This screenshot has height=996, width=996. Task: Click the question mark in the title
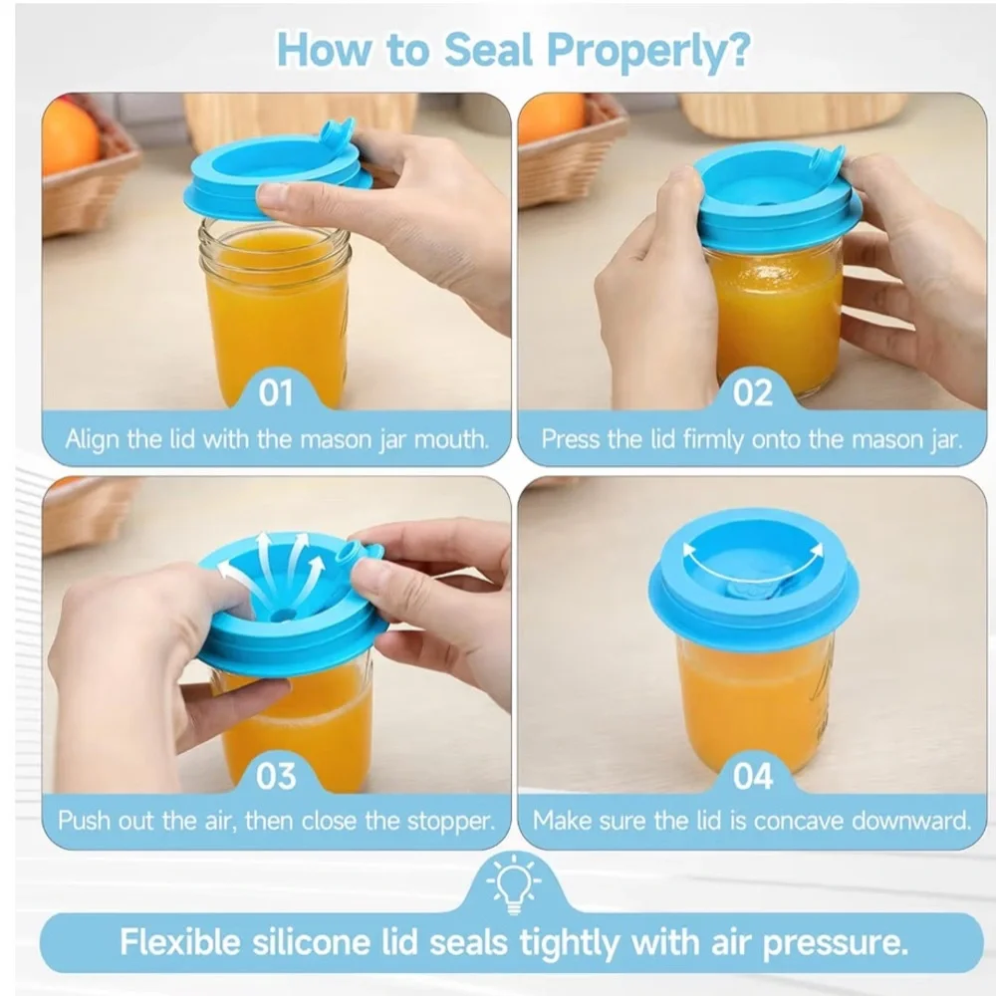(737, 50)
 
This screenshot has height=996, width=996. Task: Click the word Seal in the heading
(488, 50)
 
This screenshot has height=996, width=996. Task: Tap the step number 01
(276, 392)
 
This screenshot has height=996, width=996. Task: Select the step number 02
(753, 392)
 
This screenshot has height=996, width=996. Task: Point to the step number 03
(276, 776)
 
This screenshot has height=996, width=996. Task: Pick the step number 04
(753, 776)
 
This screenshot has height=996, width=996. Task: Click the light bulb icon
(514, 883)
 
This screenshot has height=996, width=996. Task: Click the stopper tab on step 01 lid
(338, 131)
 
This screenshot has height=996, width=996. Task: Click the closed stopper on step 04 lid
(753, 591)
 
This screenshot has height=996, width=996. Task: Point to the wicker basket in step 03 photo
(89, 514)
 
